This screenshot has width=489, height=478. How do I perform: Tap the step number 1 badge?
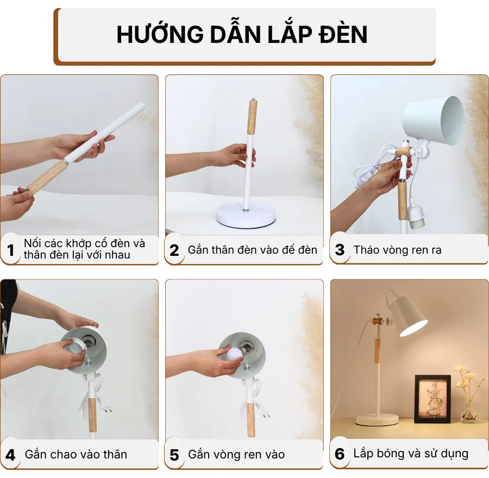pos(10,250)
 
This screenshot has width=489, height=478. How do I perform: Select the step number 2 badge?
pos(174,250)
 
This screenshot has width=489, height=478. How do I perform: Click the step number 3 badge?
pos(340,250)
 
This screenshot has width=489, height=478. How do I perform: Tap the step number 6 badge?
pos(340,454)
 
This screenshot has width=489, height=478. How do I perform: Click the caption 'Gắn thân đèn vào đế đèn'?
pos(252,250)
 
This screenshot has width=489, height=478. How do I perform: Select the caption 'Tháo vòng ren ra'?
pos(397,250)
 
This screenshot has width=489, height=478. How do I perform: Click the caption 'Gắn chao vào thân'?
pos(76,455)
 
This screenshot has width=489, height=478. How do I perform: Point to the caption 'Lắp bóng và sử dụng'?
pos(410,454)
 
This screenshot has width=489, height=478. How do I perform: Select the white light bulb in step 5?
pos(234,355)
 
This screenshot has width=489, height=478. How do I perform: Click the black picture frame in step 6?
pos(432,399)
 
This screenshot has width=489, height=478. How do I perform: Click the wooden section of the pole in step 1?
pos(46,177)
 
